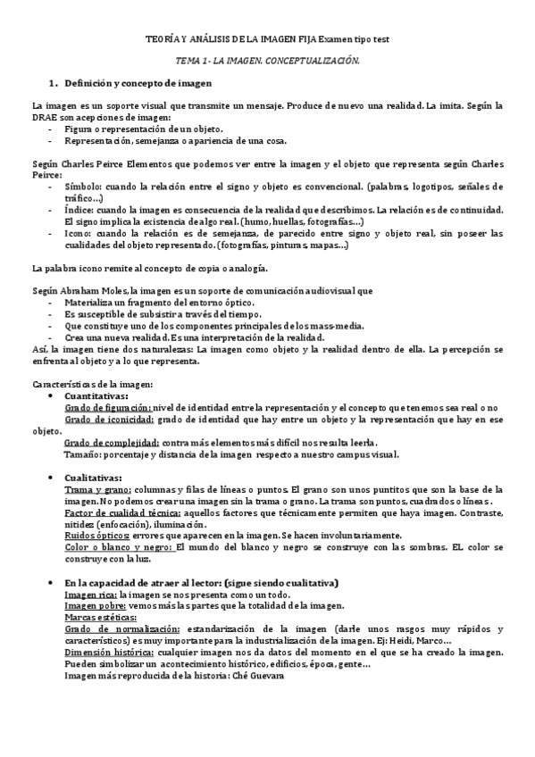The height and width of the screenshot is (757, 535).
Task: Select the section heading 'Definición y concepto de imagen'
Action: [x=139, y=84]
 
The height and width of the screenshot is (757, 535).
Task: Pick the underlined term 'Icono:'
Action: [x=81, y=233]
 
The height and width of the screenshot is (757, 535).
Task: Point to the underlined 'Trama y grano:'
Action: [x=98, y=489]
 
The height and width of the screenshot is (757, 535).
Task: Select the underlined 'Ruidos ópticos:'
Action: [x=97, y=536]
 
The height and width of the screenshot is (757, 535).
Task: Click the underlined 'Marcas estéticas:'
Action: [x=99, y=617]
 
